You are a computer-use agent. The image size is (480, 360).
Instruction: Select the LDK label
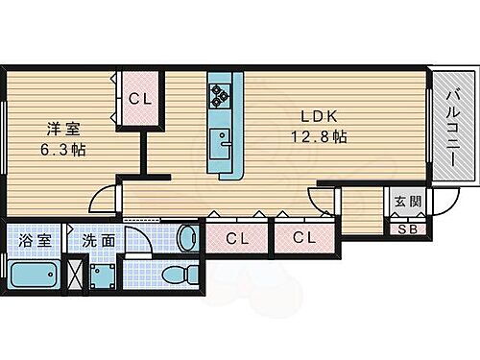[317, 116]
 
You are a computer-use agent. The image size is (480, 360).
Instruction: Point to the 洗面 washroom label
[99, 240]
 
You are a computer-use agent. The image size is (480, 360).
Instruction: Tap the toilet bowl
[176, 276]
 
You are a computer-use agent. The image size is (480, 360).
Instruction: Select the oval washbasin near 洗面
[186, 236]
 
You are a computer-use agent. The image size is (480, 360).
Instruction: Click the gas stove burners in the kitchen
[222, 94]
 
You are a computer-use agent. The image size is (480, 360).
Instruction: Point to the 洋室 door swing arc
[99, 199]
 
